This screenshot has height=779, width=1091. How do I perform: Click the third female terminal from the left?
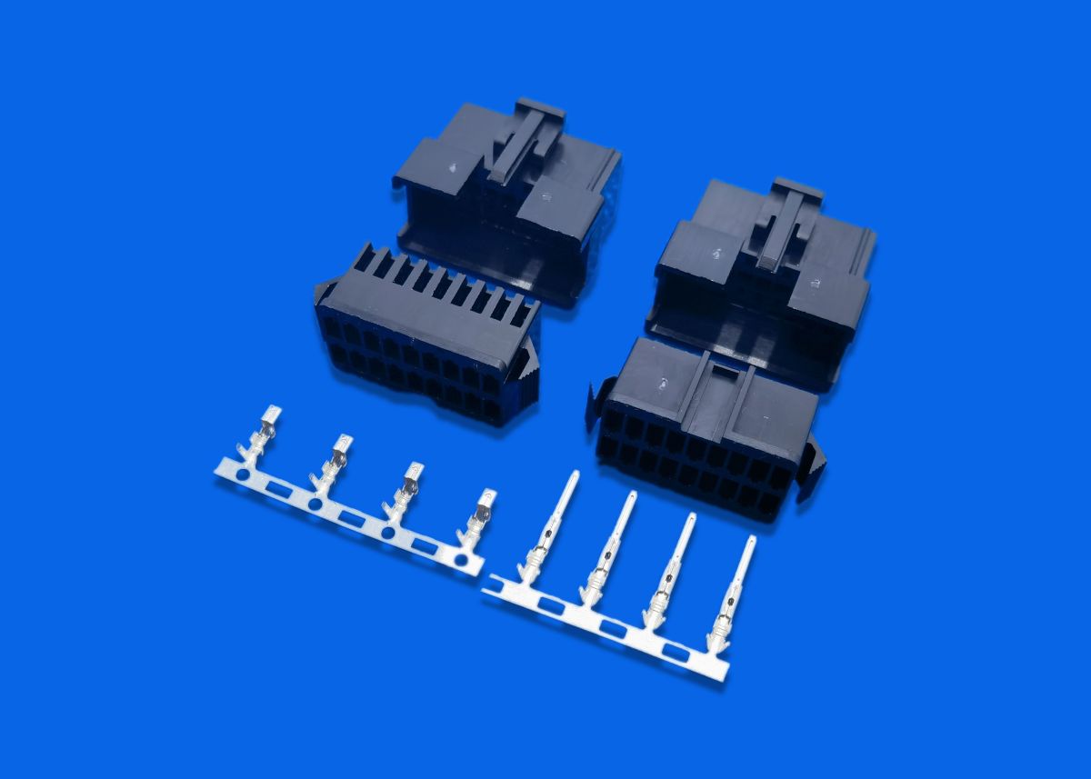tap(405, 486)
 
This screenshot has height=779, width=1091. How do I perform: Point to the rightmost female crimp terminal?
tap(479, 514)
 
